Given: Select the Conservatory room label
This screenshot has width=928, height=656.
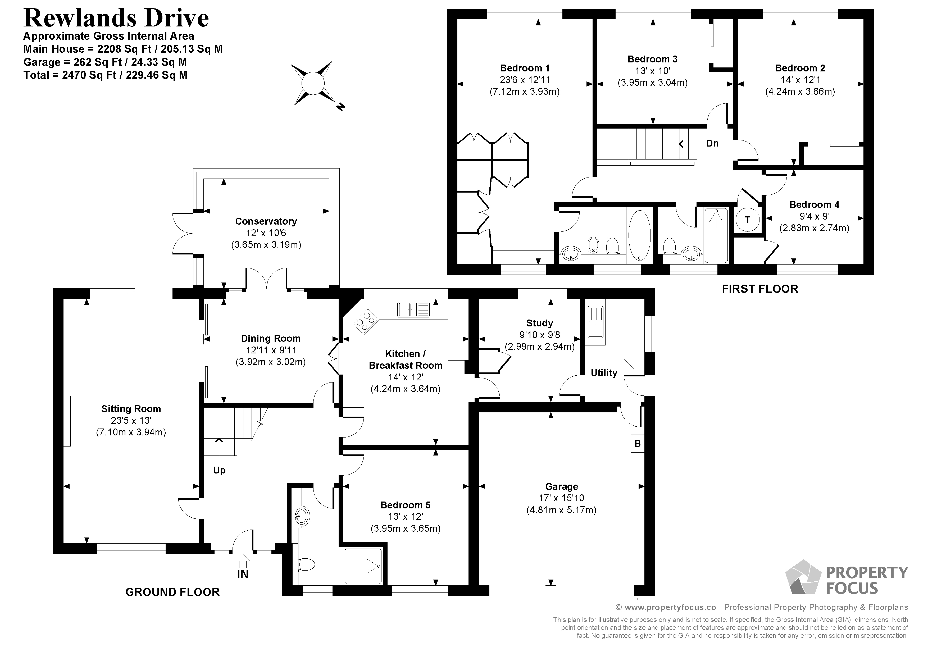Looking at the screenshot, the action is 266,221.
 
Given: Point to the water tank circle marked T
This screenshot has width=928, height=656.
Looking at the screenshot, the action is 747,220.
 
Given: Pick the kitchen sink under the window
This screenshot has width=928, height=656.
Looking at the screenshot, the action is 413,309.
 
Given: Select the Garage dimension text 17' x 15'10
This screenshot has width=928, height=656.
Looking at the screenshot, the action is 561,498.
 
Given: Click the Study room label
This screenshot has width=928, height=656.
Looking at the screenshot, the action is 540,323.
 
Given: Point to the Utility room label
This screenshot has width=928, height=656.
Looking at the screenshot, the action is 604,373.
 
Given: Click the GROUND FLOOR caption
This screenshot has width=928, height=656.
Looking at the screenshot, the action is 172,592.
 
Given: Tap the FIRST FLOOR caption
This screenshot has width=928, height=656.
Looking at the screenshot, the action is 760,289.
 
